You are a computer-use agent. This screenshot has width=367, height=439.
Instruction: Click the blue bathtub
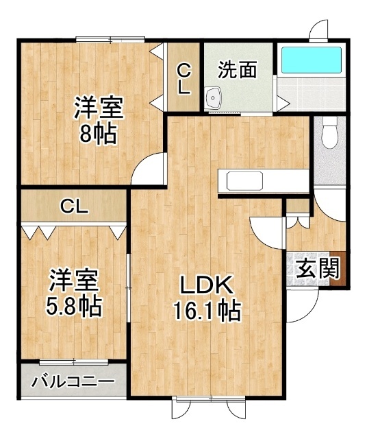tap(312, 60)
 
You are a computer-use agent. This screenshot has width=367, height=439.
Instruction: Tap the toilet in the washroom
tap(330, 132)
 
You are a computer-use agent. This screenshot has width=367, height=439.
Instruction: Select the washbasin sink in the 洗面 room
tap(213, 97)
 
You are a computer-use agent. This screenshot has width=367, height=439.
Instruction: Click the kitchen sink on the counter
tap(245, 180)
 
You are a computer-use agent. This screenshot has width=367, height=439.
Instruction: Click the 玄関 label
tap(317, 268)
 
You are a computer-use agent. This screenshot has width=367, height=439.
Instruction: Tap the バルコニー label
tap(73, 381)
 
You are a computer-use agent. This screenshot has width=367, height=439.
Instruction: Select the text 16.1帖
tap(207, 311)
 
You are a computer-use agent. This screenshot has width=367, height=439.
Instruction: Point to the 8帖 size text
tap(98, 134)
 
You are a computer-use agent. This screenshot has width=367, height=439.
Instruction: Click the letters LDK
tap(207, 285)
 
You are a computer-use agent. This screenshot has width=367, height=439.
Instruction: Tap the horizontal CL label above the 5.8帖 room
tap(75, 207)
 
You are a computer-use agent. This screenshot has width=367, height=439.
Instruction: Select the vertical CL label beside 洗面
tap(184, 79)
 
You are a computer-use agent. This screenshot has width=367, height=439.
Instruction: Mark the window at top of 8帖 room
tap(110, 40)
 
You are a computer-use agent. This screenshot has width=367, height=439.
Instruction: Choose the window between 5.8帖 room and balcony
tap(74, 362)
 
